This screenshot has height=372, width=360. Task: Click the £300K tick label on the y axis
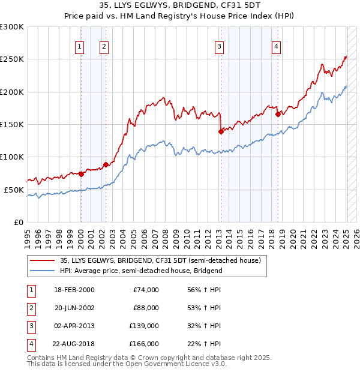(x=12, y=27)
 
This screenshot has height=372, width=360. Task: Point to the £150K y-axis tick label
(x=12, y=124)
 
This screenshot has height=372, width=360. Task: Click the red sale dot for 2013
(x=221, y=132)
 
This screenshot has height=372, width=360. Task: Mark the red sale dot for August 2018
(x=278, y=114)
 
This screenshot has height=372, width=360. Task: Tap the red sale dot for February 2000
(x=81, y=174)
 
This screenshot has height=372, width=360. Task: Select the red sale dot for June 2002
(x=106, y=165)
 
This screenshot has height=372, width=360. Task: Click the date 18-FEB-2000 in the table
(x=74, y=290)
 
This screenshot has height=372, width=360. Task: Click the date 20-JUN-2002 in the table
(x=74, y=308)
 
